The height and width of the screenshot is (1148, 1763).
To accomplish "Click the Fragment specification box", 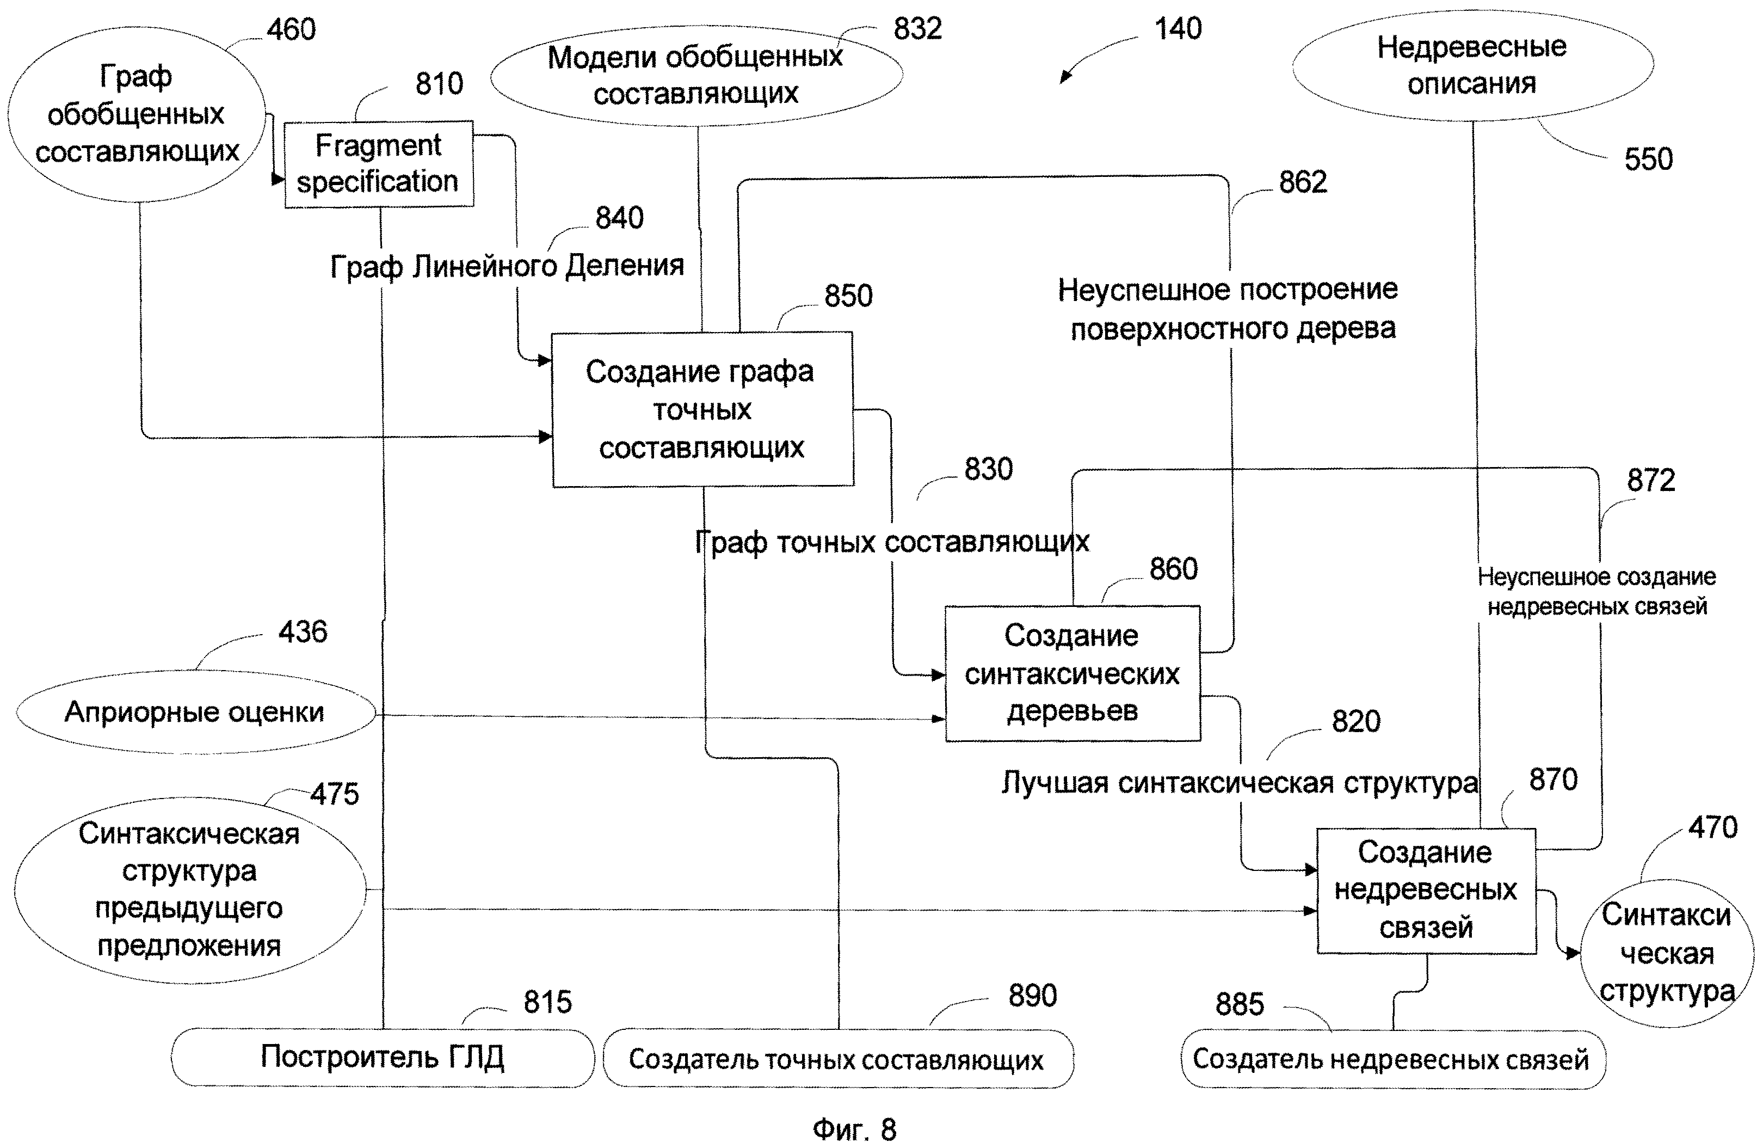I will point(379,164).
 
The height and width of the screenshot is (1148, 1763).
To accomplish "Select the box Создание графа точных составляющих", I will point(702,409).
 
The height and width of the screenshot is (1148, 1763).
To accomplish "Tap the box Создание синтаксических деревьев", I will point(1072,673).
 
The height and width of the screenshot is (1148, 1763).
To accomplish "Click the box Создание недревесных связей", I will point(1425,890).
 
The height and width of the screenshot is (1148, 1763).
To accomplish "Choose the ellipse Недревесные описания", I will point(1472,66).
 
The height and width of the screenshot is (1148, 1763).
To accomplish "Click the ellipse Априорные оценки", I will point(195,712).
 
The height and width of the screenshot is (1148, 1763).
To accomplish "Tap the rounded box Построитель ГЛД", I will point(382,1057).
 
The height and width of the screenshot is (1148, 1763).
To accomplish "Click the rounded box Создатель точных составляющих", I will point(837,1059).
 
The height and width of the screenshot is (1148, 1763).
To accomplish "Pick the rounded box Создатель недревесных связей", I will point(1391,1059).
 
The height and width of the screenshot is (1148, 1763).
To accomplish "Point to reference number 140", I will point(1178,29).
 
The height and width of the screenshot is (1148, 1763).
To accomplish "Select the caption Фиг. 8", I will point(854,1129).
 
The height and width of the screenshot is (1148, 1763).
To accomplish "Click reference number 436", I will point(302,632).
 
